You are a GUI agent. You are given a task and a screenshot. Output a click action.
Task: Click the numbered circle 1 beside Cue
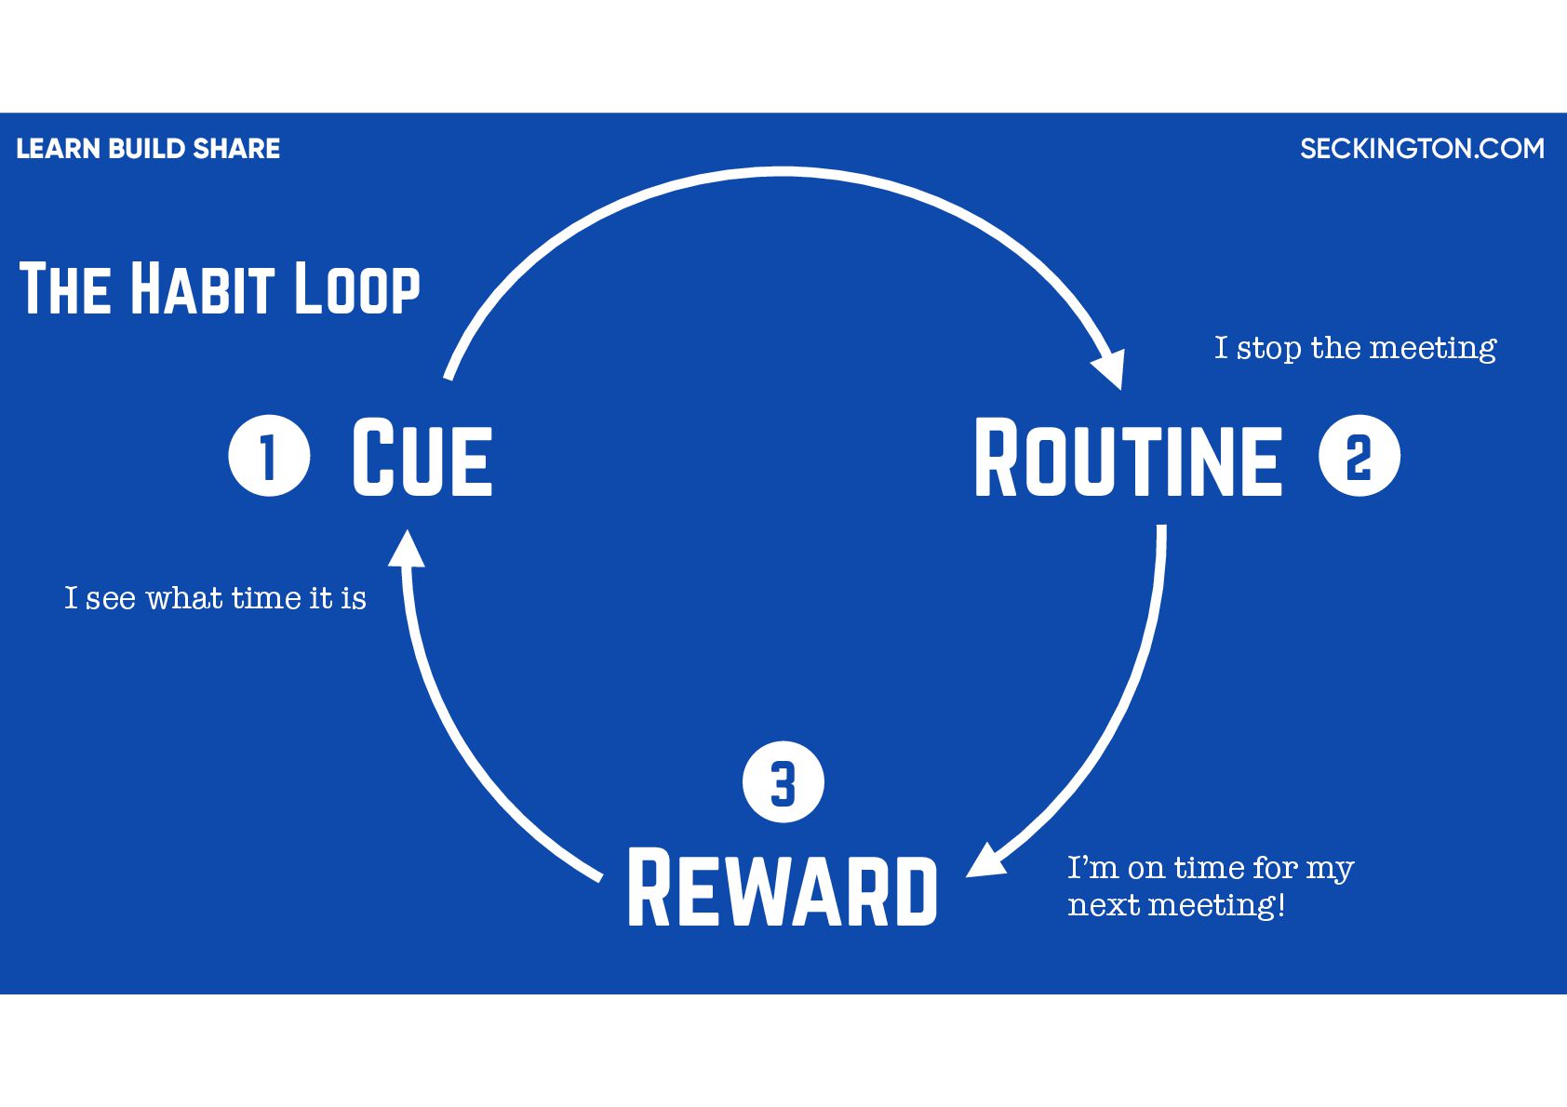pos(269,456)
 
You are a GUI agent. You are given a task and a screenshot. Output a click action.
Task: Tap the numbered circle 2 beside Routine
pos(1359,456)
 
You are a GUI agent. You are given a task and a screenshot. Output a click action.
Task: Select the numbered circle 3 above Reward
pos(783,782)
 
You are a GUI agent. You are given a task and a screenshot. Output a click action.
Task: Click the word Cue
pos(422,457)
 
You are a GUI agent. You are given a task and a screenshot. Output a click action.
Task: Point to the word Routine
pos(1128,458)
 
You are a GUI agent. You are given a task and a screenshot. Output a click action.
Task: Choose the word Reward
pos(783,888)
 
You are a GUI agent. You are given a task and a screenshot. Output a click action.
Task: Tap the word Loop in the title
pos(357,288)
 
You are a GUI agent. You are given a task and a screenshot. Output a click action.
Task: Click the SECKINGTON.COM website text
pos(1422,149)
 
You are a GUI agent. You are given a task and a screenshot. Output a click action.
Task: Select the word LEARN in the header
pos(59,149)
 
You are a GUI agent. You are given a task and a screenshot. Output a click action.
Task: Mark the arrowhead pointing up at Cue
pos(406,549)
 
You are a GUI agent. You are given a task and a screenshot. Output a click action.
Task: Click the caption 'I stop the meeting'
pos(1355,348)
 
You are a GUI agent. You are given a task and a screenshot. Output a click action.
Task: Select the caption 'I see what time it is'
pos(215,598)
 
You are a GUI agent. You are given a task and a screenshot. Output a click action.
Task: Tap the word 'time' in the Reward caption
pos(1209,867)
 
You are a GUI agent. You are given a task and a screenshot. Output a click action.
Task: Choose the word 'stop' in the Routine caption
pos(1269,349)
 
